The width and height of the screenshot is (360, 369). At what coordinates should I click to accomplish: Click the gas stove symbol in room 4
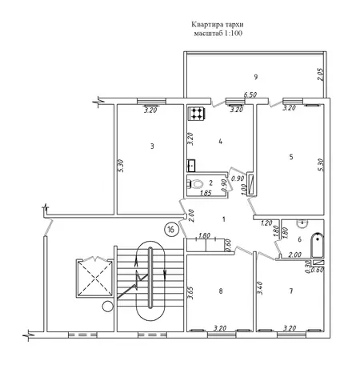coord(197,114)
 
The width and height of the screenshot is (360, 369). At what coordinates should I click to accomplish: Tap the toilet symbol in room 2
coord(195,183)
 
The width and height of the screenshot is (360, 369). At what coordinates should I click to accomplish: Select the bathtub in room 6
coord(318,246)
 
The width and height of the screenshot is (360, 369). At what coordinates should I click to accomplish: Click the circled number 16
coord(171,229)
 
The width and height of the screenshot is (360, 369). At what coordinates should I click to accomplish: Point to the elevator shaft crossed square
coord(95,279)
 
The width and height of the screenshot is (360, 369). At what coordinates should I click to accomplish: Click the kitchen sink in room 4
coord(191,166)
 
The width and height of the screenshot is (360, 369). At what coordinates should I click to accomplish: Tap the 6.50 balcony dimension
coord(250,94)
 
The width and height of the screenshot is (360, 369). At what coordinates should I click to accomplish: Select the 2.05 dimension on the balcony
coord(320,74)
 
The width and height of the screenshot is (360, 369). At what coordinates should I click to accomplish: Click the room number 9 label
coord(256,77)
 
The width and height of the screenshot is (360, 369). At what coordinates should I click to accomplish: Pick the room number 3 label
coord(152,146)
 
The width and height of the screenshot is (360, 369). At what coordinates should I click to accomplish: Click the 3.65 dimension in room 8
coord(190,293)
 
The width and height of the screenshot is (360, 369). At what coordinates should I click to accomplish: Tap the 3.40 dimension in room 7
coord(260,288)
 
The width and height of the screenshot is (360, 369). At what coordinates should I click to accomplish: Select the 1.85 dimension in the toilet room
coord(206,193)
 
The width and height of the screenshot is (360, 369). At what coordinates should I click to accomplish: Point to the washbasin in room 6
coord(302,223)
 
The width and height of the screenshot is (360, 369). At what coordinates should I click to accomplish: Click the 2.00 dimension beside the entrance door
coord(191,215)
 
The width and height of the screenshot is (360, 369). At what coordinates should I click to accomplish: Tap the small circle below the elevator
coord(108,307)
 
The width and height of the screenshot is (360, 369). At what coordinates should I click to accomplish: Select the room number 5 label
coord(291,157)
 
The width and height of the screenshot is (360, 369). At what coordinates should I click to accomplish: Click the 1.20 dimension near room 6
coord(266,223)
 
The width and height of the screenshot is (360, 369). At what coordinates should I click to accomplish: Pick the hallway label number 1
coord(224,219)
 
